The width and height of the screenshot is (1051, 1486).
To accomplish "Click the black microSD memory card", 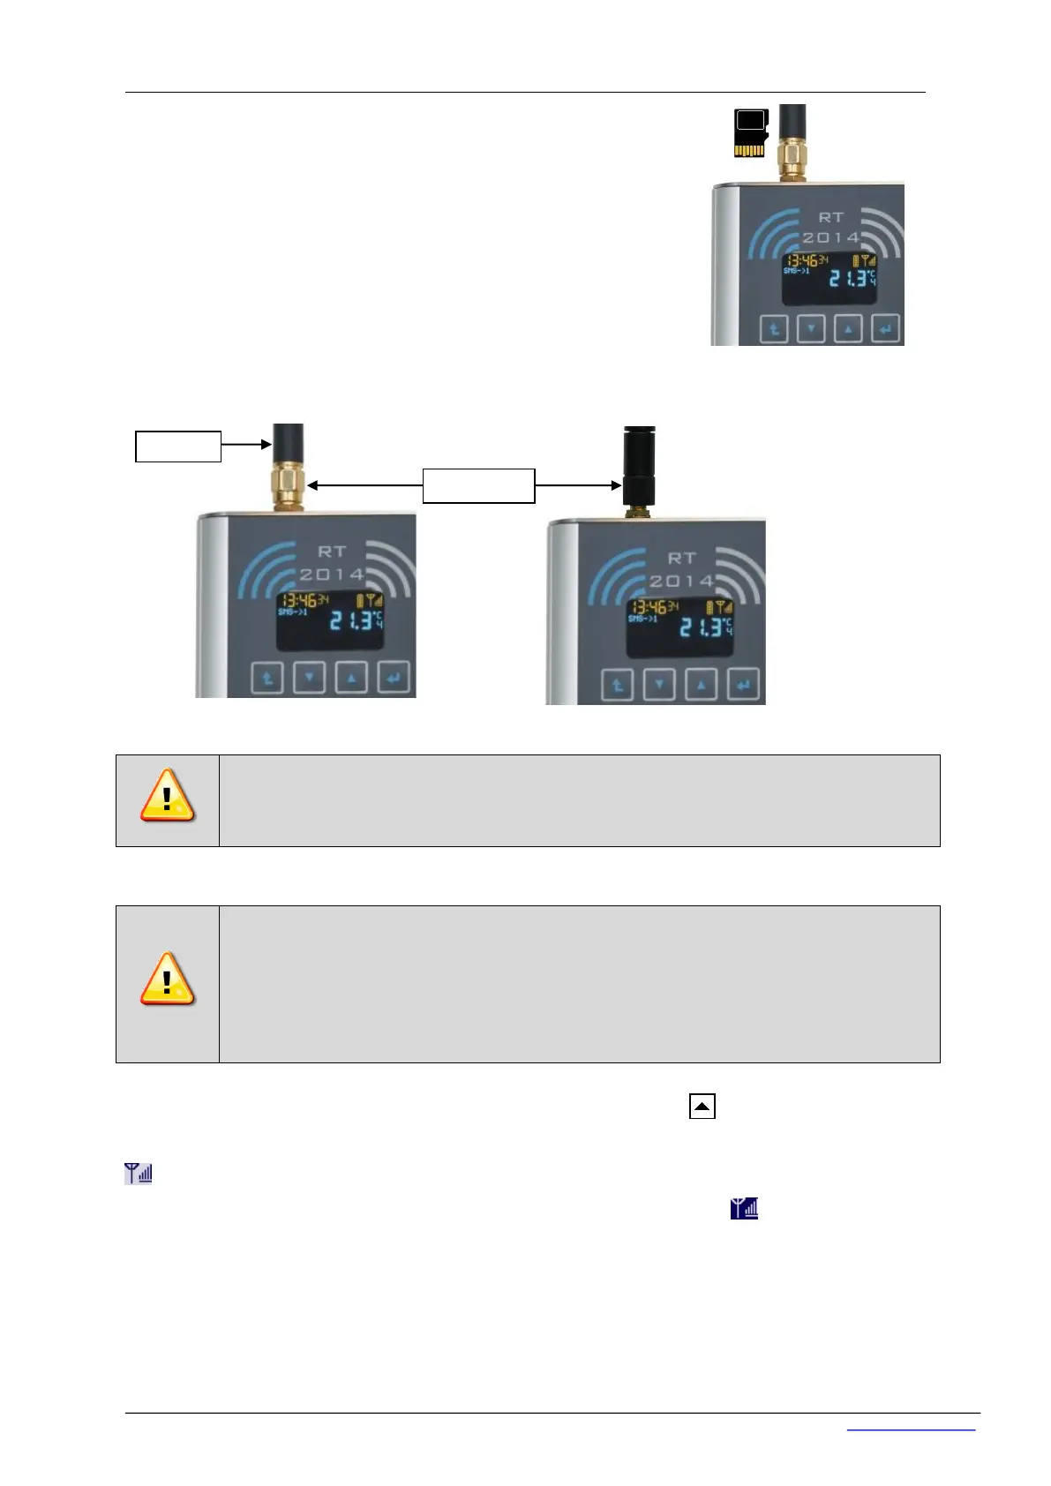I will tap(749, 133).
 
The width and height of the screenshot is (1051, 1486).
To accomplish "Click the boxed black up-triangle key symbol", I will tap(702, 1106).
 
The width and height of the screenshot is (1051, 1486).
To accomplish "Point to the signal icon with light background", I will tap(139, 1173).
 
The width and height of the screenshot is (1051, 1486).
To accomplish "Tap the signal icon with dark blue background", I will tap(744, 1208).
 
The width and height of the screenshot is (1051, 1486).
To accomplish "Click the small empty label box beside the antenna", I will tap(177, 447).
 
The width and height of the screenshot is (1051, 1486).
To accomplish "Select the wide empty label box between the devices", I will tap(478, 485).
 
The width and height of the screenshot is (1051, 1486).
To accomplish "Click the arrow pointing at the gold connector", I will tap(364, 485).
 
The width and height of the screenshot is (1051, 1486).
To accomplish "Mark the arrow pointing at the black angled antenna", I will tap(578, 485).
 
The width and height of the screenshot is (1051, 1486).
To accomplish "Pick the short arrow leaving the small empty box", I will tap(246, 446).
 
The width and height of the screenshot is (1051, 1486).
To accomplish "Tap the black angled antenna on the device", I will tap(638, 468).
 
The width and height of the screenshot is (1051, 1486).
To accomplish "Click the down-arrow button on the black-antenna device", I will tap(658, 685).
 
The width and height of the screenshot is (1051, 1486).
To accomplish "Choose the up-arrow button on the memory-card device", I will tap(848, 330).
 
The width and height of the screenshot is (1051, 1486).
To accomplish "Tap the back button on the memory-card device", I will tap(774, 330).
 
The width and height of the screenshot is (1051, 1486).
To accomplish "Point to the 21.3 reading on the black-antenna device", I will tap(702, 627).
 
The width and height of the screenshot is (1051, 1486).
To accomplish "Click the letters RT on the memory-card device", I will tap(831, 217).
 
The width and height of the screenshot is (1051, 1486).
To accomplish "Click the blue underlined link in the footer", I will tap(911, 1428).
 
